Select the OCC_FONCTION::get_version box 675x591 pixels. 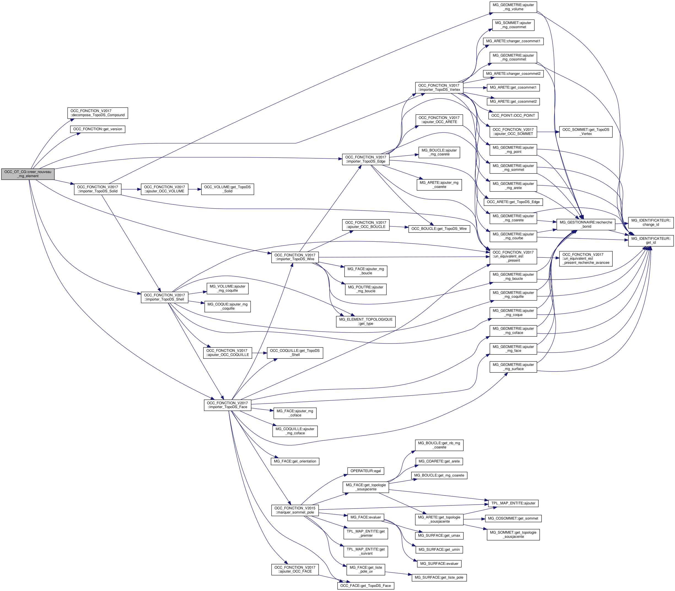click(98, 129)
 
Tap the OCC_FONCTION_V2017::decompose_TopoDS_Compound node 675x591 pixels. click(98, 113)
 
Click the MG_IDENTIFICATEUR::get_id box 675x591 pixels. click(651, 240)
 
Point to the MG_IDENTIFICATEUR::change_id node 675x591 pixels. click(651, 222)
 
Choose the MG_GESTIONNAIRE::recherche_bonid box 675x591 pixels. click(586, 224)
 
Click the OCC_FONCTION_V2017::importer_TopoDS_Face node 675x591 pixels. click(228, 405)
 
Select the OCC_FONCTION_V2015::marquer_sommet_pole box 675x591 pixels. click(295, 510)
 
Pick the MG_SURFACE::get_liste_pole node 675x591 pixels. click(439, 577)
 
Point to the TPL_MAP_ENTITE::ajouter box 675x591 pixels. click(513, 503)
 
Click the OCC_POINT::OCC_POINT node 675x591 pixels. click(513, 115)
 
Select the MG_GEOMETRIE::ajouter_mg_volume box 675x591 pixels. click(513, 7)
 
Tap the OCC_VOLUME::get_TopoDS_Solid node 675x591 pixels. click(227, 189)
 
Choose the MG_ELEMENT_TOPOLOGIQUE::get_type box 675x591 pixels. click(366, 321)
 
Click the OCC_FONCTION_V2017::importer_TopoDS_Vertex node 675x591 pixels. click(439, 87)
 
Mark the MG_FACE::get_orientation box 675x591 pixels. click(295, 461)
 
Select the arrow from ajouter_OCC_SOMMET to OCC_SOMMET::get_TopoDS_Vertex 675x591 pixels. click(548, 132)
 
